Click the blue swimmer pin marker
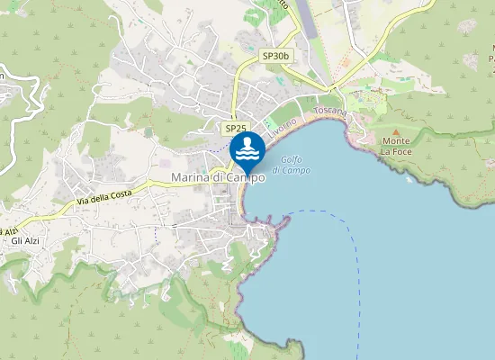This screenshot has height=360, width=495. coord(247,149)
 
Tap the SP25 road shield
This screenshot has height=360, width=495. coord(236,130)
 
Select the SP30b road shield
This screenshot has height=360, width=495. coord(275,56)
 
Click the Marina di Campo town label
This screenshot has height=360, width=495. coord(218,178)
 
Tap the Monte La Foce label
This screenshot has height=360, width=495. coord(396,147)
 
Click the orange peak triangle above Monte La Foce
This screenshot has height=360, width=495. coord(395,131)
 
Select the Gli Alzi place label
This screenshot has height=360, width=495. coord(27,240)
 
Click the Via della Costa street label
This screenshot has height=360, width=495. coord(112,193)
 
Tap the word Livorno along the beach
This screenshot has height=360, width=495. coord(282,127)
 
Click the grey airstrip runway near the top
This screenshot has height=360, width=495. coord(306,18)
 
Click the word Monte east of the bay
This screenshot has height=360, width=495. coord(396,141)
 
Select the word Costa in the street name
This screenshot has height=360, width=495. coord(130,189)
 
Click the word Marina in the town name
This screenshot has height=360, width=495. coord(191,178)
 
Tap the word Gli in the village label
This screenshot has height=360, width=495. coord(17,240)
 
